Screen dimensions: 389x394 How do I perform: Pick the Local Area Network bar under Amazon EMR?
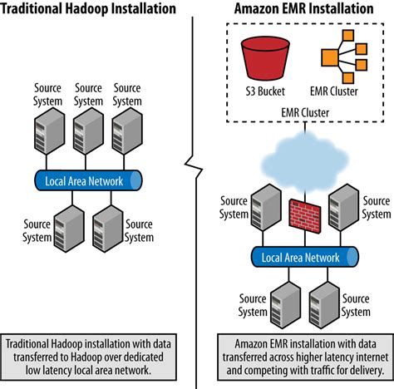[300, 258]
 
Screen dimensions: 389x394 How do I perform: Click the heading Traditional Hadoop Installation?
[88, 9]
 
